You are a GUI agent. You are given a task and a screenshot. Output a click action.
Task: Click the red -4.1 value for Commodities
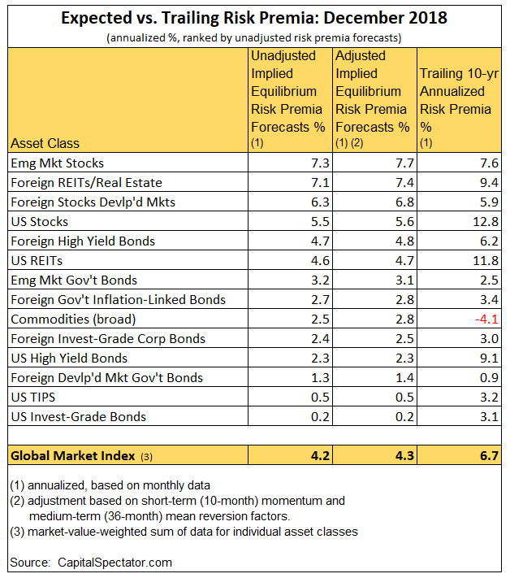(x=486, y=319)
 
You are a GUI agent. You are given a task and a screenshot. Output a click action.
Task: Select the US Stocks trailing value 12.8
(x=486, y=222)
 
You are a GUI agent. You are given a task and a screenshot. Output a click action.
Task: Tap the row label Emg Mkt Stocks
(x=58, y=163)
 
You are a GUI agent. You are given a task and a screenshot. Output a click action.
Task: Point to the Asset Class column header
(x=45, y=143)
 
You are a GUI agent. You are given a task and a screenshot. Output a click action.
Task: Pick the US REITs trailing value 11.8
(x=486, y=261)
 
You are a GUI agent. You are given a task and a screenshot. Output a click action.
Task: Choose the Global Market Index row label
(x=73, y=456)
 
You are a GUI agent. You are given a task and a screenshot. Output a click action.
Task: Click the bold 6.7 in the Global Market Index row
(x=490, y=456)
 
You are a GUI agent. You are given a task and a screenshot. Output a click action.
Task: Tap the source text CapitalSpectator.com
(x=115, y=563)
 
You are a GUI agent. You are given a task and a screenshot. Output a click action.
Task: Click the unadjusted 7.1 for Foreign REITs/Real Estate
(x=320, y=182)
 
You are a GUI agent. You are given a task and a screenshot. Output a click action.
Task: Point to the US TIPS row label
(x=33, y=397)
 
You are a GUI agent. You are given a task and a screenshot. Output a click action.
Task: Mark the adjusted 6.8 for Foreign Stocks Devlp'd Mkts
(x=404, y=202)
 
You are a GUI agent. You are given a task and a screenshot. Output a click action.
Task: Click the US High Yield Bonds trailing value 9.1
(x=490, y=359)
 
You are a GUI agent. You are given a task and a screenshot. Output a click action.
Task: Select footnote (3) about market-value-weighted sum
(x=184, y=532)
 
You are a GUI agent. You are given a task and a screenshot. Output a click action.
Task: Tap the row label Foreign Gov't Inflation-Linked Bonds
(x=119, y=300)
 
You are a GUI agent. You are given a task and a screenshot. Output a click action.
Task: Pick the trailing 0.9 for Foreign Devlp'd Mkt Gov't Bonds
(x=490, y=378)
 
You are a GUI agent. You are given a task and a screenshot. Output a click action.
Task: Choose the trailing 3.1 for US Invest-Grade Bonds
(x=490, y=417)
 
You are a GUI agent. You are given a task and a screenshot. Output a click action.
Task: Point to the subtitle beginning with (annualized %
(x=254, y=38)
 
